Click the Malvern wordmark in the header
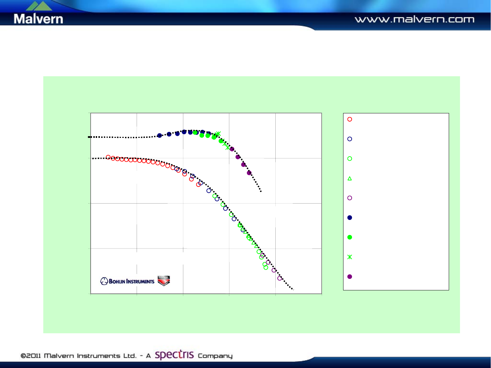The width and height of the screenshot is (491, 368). point(38,19)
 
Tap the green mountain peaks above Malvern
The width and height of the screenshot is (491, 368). point(39,5)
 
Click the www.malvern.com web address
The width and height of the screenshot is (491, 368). point(414,19)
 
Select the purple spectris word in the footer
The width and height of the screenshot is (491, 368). point(174,355)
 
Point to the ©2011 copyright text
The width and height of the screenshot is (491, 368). point(31,356)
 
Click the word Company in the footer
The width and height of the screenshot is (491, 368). point(215,356)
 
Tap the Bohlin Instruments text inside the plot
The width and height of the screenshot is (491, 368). point(131,281)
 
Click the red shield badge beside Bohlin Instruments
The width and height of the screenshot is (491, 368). point(164,281)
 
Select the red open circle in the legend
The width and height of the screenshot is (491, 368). point(350,119)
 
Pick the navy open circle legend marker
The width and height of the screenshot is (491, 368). point(350,139)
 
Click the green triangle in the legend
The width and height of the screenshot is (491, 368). point(350,178)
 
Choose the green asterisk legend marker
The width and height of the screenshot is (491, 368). point(350,257)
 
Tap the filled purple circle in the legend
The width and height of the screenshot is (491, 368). point(350,277)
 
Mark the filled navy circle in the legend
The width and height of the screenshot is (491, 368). point(350,218)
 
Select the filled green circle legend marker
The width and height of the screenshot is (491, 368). point(350,237)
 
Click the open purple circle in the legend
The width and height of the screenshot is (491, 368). point(350,198)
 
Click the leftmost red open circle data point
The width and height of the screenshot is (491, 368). point(108,157)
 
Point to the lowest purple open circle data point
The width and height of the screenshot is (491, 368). point(280,278)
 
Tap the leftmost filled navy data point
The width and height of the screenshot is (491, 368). point(159,135)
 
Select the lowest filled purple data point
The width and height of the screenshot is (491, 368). point(249,173)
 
